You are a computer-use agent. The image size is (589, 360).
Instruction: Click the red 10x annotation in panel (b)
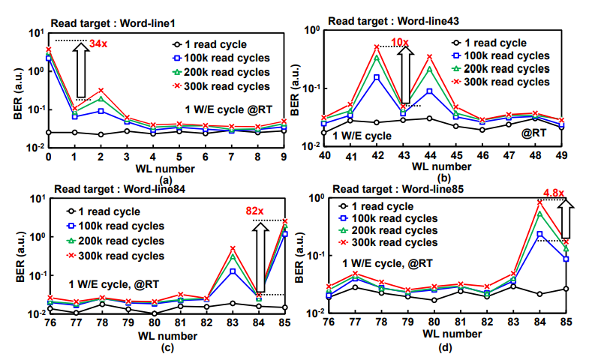[x=401, y=42]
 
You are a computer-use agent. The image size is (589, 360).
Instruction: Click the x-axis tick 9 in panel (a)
[x=284, y=157]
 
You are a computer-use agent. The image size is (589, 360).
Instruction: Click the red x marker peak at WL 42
[x=377, y=47]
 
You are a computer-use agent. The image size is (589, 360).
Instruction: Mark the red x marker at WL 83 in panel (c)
[x=233, y=248]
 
